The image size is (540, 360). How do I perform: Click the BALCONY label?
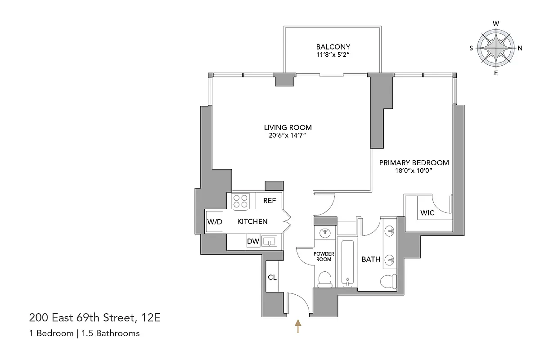point(333,47)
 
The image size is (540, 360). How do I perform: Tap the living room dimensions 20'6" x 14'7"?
point(288,135)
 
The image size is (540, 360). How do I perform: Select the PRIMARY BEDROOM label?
point(414,163)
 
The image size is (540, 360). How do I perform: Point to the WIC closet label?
point(427,212)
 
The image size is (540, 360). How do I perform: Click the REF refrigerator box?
point(269,201)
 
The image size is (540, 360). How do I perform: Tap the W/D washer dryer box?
point(215,221)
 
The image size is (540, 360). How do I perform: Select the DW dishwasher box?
point(253,242)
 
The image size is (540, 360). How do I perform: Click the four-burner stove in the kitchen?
point(240,201)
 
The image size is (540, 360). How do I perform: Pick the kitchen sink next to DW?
point(269,241)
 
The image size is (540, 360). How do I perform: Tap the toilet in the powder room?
point(324,279)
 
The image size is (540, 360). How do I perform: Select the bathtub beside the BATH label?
point(347,263)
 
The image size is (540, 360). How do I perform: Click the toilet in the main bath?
point(388,281)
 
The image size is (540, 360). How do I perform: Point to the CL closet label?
point(272,277)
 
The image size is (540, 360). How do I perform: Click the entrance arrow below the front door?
point(297,326)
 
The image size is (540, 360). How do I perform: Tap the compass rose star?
point(495,48)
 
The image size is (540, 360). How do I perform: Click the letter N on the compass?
point(520,48)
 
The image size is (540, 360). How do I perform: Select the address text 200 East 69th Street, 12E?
point(95,318)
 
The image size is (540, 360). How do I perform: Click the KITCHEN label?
point(252,221)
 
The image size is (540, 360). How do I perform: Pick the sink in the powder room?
point(324,233)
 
